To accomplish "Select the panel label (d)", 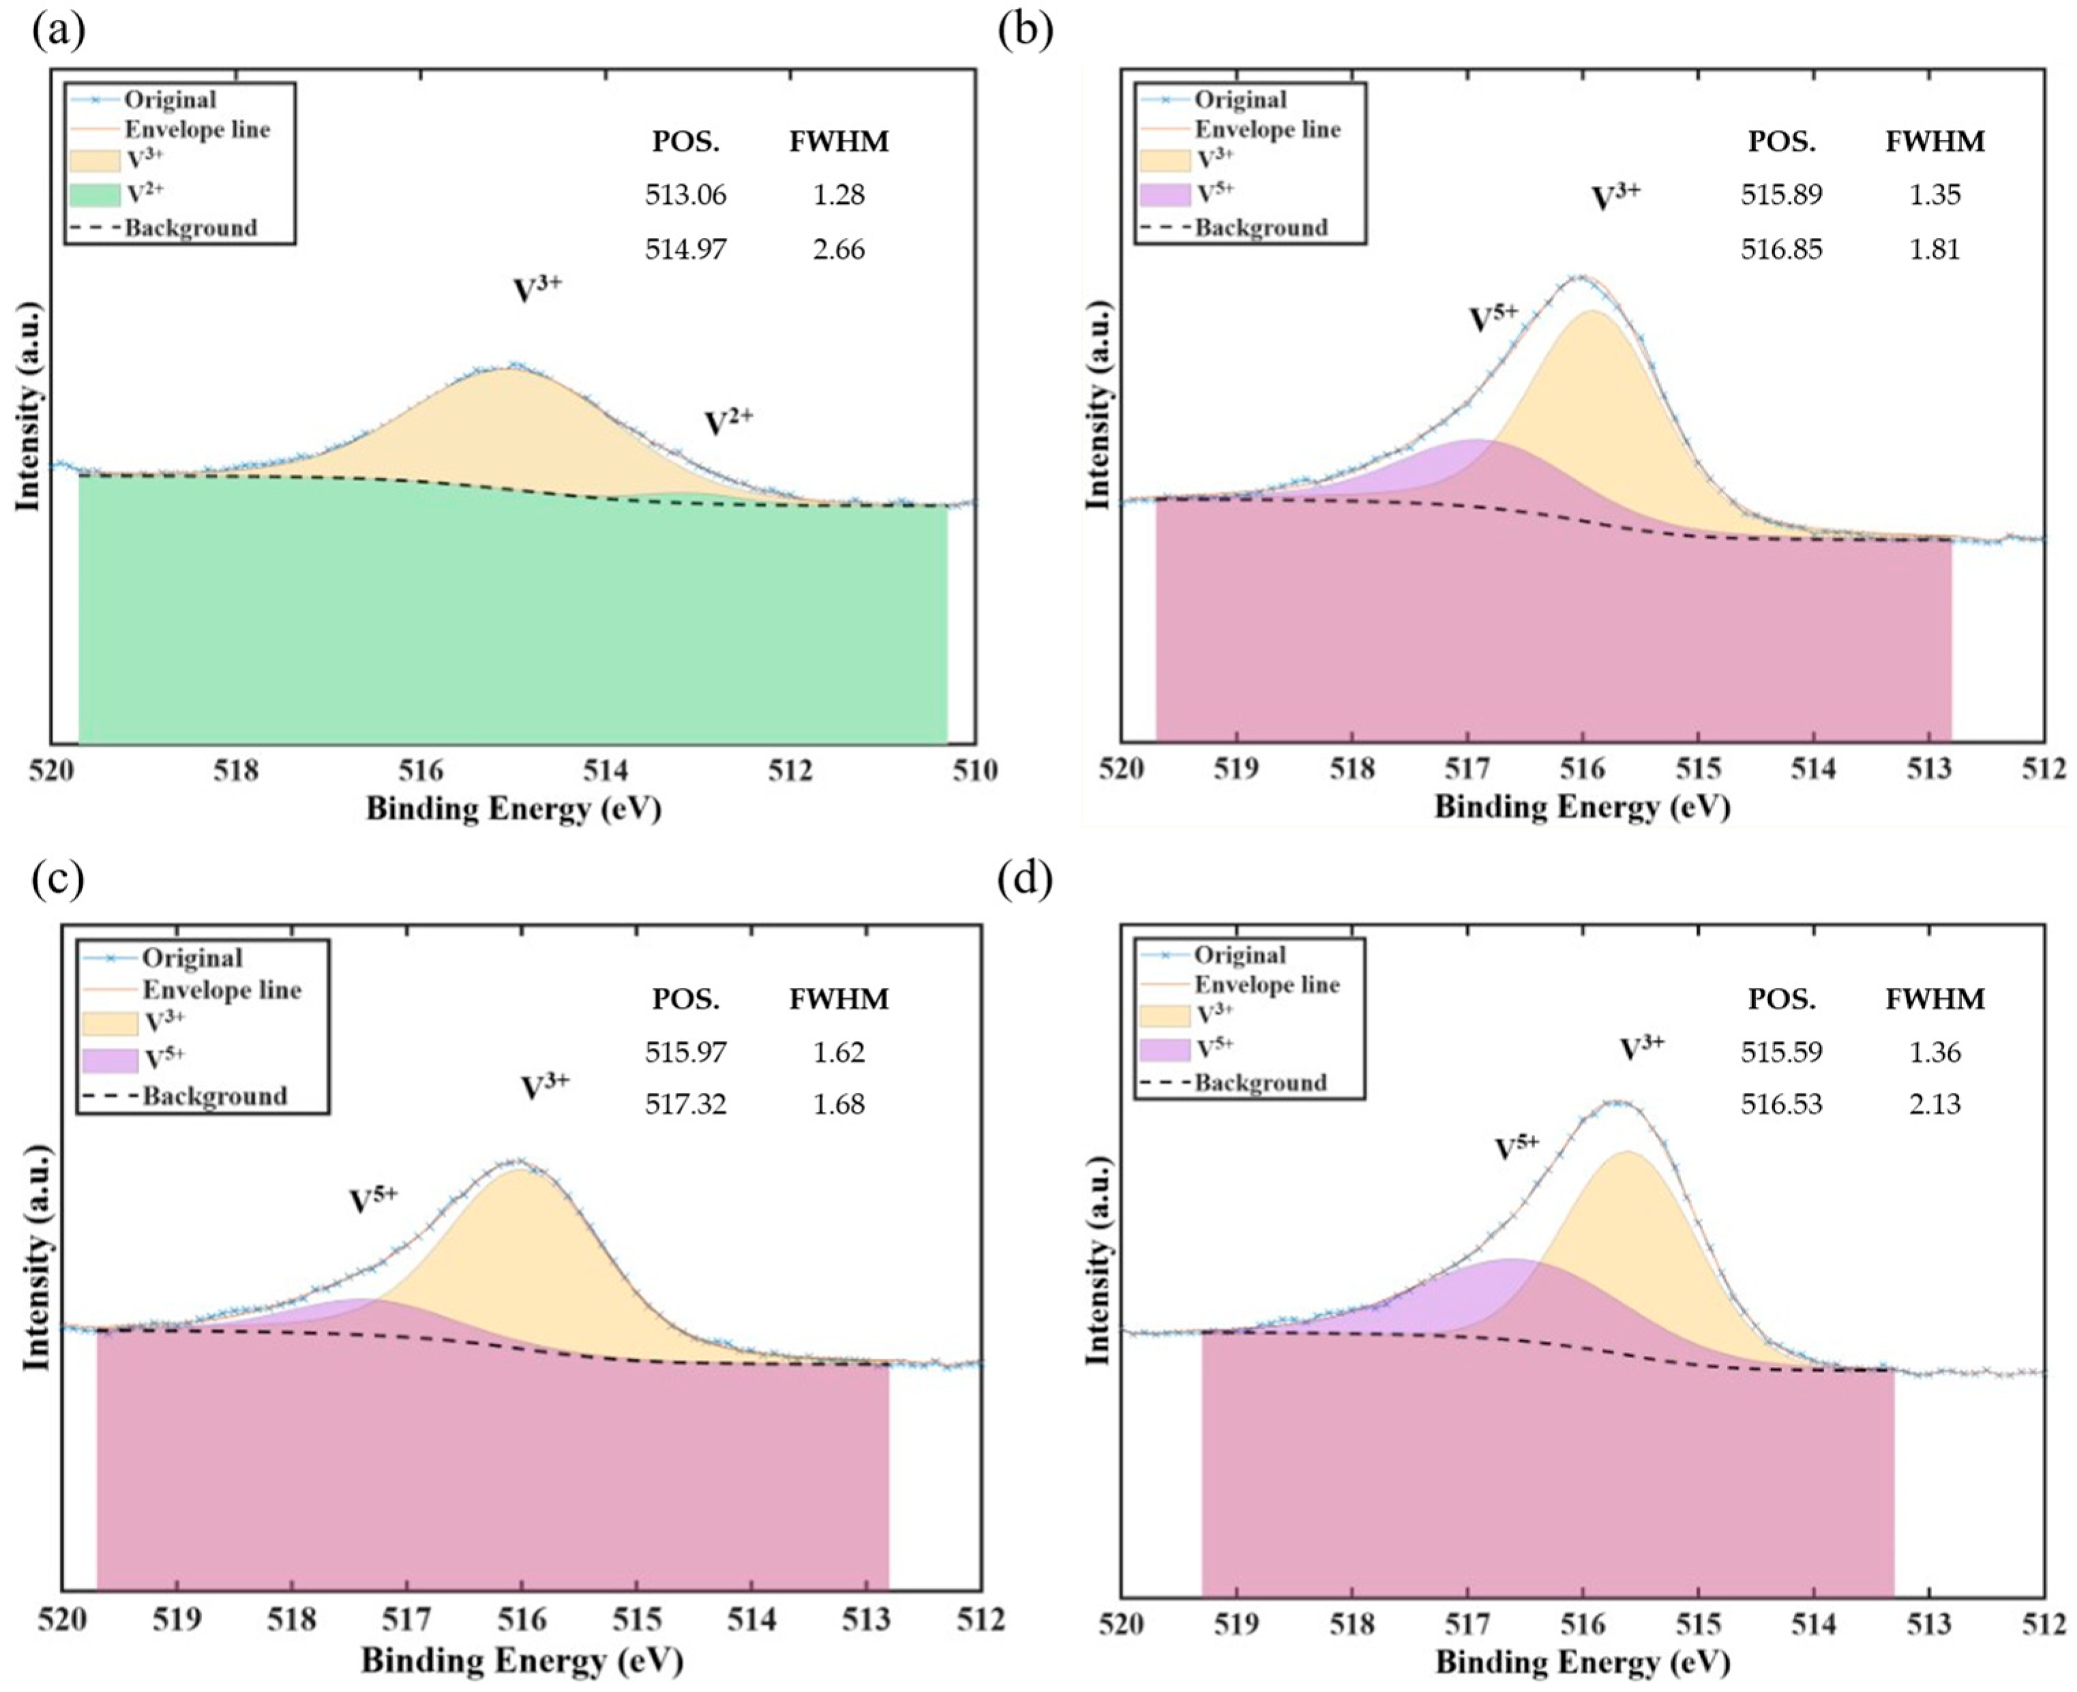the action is click(x=1026, y=880).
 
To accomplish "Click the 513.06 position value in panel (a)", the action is click(x=686, y=195).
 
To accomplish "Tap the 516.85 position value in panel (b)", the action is click(x=1782, y=250).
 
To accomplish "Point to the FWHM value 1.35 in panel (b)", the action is click(x=1934, y=195).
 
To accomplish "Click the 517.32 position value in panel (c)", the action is click(x=686, y=1104).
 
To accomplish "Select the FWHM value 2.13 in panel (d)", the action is click(x=1934, y=1104).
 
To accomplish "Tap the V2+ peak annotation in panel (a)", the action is click(x=729, y=421).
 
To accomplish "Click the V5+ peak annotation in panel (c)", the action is click(x=374, y=1199).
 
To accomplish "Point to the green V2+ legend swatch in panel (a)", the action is click(x=95, y=195).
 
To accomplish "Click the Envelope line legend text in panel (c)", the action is click(x=222, y=991).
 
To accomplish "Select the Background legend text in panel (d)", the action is click(x=1261, y=1083).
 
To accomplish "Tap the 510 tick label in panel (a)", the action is click(x=976, y=771).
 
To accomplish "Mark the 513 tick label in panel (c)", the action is click(x=867, y=1620).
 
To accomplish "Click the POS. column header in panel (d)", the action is click(x=1782, y=999).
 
